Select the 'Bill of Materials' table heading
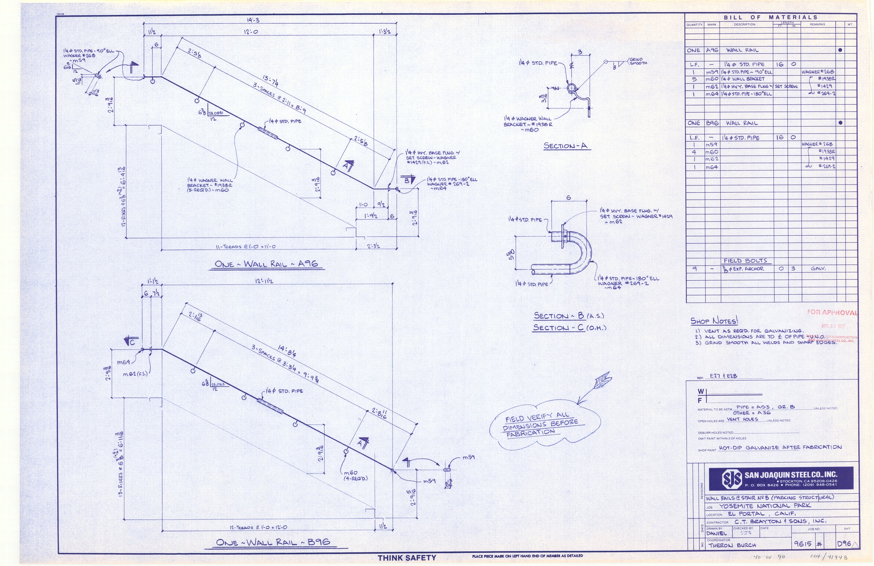(770, 17)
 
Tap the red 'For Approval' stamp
(832, 313)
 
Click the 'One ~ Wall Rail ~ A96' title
(266, 264)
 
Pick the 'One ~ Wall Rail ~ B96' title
(273, 542)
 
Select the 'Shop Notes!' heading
(714, 321)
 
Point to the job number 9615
(802, 544)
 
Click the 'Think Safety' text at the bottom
(407, 558)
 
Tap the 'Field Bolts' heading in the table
(745, 261)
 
